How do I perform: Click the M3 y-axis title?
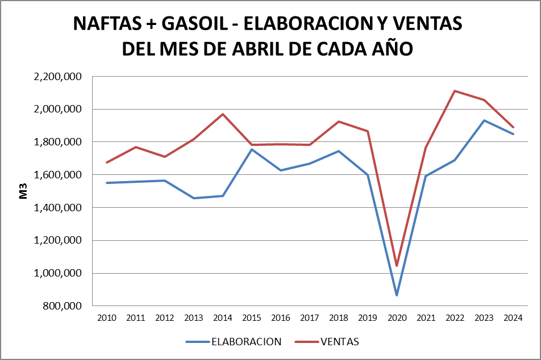[24, 191]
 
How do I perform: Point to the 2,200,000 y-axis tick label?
[59, 77]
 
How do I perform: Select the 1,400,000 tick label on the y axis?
[59, 208]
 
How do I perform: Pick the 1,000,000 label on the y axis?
[59, 273]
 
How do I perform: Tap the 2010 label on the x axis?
[107, 317]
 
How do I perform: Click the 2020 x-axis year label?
[397, 317]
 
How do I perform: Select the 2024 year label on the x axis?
[513, 317]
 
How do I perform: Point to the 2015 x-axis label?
[252, 317]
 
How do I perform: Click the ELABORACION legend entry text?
[246, 341]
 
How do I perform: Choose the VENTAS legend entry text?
[340, 341]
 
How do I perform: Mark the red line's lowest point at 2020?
[397, 266]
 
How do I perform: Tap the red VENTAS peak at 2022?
[455, 91]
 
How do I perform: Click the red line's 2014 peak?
[223, 114]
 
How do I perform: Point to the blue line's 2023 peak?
[484, 120]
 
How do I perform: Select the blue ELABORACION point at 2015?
[252, 149]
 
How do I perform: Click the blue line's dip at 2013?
[194, 198]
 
